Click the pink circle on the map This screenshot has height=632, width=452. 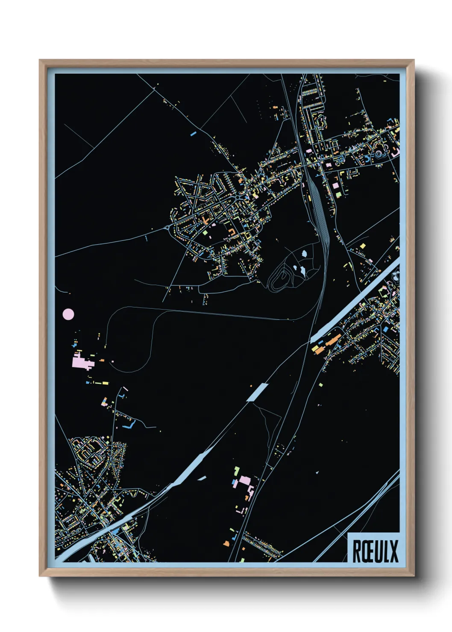pyautogui.click(x=68, y=315)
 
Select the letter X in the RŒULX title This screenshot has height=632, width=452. pyautogui.click(x=393, y=551)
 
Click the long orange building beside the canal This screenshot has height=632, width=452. pyautogui.click(x=333, y=341)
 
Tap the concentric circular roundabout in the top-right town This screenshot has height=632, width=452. pyautogui.click(x=379, y=154)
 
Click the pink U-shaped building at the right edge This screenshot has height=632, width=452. pyautogui.click(x=395, y=152)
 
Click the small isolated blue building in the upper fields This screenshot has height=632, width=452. pyautogui.click(x=193, y=134)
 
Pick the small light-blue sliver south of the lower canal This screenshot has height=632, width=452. pyautogui.click(x=202, y=479)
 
